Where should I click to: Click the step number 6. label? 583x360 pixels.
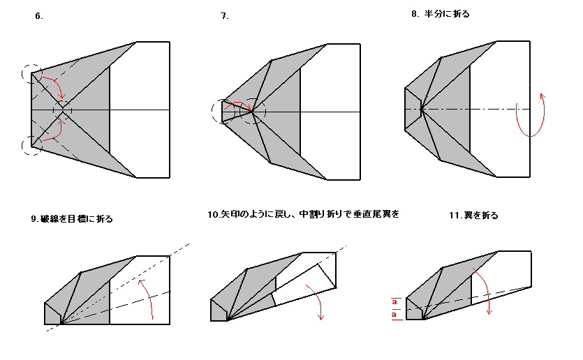(39, 16)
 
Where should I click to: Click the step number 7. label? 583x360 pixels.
(225, 16)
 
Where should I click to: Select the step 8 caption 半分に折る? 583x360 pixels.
(447, 14)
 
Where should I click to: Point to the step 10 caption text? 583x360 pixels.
(304, 214)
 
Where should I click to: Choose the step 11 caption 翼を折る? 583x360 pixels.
(481, 216)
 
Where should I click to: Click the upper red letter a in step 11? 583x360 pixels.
(394, 301)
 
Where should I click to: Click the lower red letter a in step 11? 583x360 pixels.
(394, 315)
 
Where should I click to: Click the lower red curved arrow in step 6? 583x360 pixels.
(57, 135)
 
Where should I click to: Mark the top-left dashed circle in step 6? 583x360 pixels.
(22, 73)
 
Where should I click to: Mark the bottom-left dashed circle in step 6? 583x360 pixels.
(22, 146)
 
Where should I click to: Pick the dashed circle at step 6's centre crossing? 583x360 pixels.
(53, 110)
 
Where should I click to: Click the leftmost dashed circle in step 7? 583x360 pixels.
(212, 111)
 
